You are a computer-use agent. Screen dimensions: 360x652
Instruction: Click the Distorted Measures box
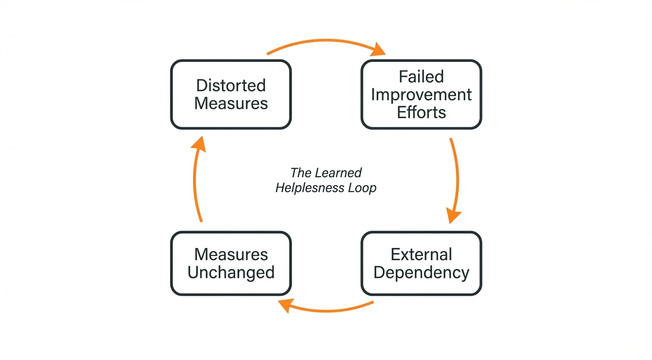point(231,94)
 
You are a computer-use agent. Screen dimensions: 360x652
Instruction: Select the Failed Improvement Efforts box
point(421,94)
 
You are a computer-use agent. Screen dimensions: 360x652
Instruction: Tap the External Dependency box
point(421,263)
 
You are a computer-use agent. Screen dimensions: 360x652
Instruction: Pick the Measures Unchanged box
point(231,263)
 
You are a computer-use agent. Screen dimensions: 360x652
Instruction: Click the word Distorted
point(231,85)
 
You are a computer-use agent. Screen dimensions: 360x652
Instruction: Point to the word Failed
point(421,76)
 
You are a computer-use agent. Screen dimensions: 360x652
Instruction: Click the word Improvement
point(421,94)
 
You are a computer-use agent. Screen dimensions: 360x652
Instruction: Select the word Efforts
point(421,112)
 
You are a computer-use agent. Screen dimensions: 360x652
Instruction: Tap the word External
point(421,255)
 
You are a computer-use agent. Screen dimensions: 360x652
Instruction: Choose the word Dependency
point(421,272)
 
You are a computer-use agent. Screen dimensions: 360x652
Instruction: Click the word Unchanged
point(231,272)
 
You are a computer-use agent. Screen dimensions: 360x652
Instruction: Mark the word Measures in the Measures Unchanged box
point(231,255)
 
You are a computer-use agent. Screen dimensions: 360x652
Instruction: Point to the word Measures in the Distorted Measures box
point(231,103)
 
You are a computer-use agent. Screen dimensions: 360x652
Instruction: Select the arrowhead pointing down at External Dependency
point(453,217)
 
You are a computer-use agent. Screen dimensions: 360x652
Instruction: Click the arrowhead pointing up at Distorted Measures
point(199,142)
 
